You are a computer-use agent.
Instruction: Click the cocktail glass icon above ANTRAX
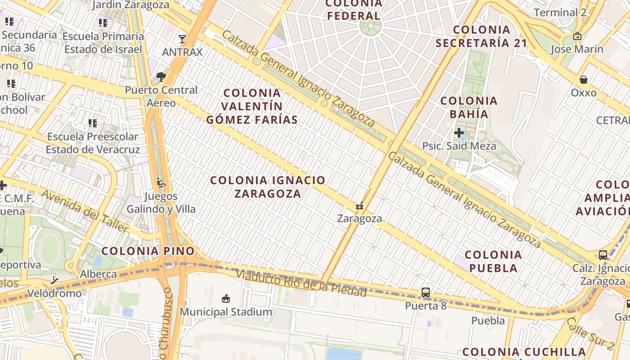[182, 39]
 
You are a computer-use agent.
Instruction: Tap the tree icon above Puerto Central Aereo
[161, 77]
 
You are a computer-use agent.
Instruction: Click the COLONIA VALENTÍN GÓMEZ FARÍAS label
[252, 106]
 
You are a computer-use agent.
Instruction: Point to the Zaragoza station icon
[359, 206]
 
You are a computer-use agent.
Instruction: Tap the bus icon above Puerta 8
[425, 292]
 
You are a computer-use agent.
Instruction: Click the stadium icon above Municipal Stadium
[226, 298]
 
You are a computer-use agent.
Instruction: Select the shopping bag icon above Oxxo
[583, 80]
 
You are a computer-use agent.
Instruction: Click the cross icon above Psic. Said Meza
[459, 133]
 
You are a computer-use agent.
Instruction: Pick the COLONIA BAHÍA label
[469, 107]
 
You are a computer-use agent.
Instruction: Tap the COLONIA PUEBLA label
[493, 261]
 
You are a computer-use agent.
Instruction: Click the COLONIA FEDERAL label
[354, 10]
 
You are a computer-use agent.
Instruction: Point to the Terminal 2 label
[560, 12]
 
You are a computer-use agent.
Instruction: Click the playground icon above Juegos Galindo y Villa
[161, 183]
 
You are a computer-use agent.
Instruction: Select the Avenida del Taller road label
[85, 211]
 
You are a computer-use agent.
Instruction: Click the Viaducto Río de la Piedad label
[301, 283]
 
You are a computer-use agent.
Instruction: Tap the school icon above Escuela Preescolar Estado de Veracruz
[93, 123]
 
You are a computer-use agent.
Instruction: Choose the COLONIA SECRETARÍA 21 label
[481, 36]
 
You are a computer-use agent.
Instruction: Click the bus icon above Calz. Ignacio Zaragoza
[603, 255]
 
